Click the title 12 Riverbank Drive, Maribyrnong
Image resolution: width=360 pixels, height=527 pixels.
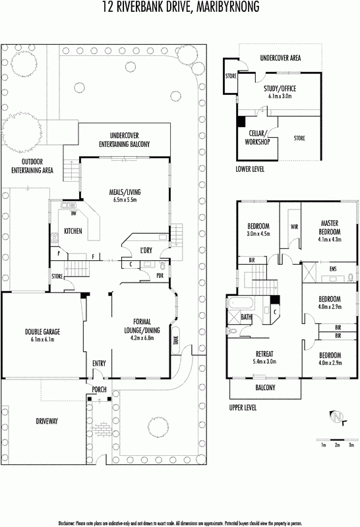point(181,7)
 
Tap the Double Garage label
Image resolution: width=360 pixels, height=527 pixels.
point(42,332)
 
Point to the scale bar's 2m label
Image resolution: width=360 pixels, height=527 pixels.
point(337,445)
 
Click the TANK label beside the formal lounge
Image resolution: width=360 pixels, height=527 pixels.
point(176,341)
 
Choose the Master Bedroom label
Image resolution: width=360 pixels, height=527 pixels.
point(330,227)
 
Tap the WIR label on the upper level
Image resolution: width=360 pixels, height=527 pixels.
point(294,227)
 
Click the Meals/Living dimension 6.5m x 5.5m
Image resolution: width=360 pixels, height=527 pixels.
point(125,200)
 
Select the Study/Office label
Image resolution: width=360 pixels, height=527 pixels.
point(280,89)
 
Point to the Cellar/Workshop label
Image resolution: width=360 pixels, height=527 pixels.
point(257,138)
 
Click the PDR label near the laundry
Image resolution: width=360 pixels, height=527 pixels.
point(160,275)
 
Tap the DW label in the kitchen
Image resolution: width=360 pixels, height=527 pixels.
point(73,213)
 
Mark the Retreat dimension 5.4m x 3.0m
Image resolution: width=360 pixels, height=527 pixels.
point(265,362)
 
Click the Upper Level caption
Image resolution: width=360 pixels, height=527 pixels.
point(243,408)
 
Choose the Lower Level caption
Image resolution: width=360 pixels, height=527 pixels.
point(250,169)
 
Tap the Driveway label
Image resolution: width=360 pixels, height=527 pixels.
point(47,421)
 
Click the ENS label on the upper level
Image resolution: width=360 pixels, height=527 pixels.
point(333,269)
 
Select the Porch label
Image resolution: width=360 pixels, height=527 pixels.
point(100,389)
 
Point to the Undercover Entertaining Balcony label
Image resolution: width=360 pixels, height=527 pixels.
point(125,140)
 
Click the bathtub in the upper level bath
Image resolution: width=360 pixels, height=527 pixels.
point(241,303)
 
